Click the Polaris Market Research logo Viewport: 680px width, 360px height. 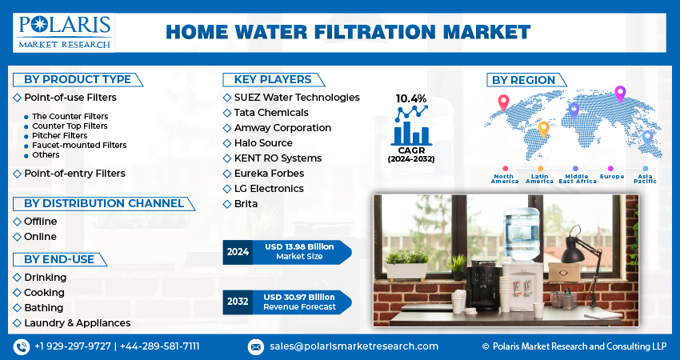pos(64,33)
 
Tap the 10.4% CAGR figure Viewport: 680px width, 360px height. pos(410,99)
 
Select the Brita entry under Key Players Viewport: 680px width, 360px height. pos(246,204)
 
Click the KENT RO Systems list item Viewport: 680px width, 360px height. pos(278,158)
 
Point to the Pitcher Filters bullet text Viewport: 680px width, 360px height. pos(59,136)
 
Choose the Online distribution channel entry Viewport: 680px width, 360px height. pos(40,236)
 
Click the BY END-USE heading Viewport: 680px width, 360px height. pos(59,259)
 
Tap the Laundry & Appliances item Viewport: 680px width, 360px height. pos(77,323)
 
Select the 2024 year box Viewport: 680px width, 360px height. pos(238,252)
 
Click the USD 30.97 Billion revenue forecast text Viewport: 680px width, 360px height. pos(299,297)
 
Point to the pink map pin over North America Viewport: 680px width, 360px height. pos(503,103)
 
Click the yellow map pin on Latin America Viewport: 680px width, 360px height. pos(543,130)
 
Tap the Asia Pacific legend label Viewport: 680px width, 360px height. pos(645,178)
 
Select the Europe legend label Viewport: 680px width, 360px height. pos(612,177)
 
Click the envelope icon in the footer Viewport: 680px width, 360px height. pos(255,347)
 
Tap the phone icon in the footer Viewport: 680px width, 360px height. pos(22,347)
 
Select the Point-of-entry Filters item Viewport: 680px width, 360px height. pos(74,174)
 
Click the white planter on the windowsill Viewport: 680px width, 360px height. pos(406,271)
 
